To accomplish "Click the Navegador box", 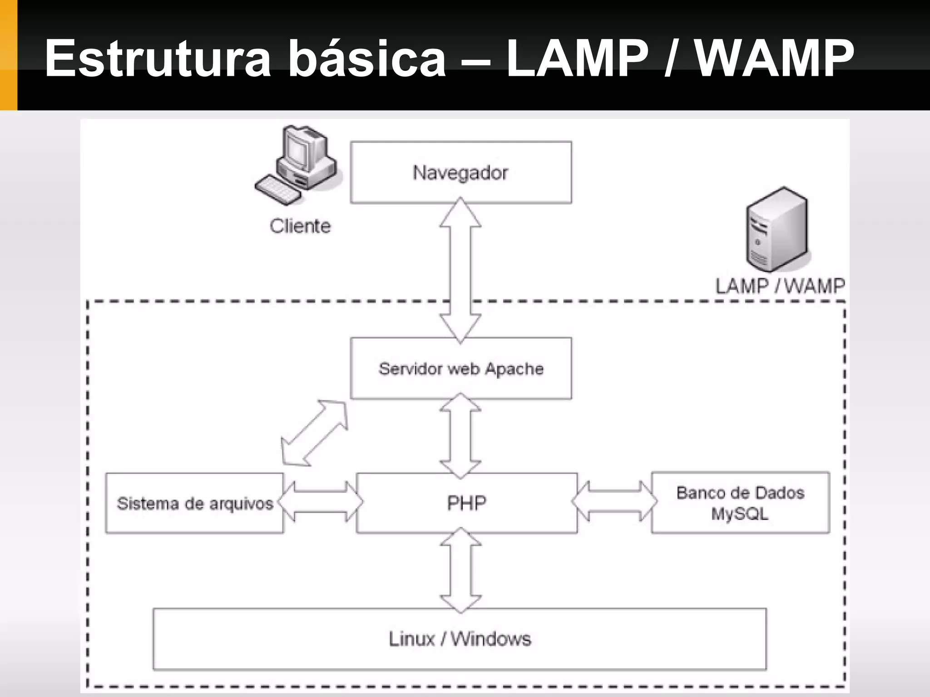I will tap(460, 172).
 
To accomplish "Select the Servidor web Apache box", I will tap(460, 368).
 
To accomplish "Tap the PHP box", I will tap(466, 503).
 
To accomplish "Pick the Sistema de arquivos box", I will tap(194, 503).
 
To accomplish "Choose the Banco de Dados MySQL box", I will tap(740, 503).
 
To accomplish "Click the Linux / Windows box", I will tap(460, 639).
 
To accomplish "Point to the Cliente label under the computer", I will tap(300, 226).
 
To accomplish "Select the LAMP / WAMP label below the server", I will tap(780, 286).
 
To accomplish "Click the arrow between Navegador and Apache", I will tap(460, 270).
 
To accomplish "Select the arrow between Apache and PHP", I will tap(460, 436).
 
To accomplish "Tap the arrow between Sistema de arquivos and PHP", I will tap(320, 502).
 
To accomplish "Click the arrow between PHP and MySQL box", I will tap(614, 501).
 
